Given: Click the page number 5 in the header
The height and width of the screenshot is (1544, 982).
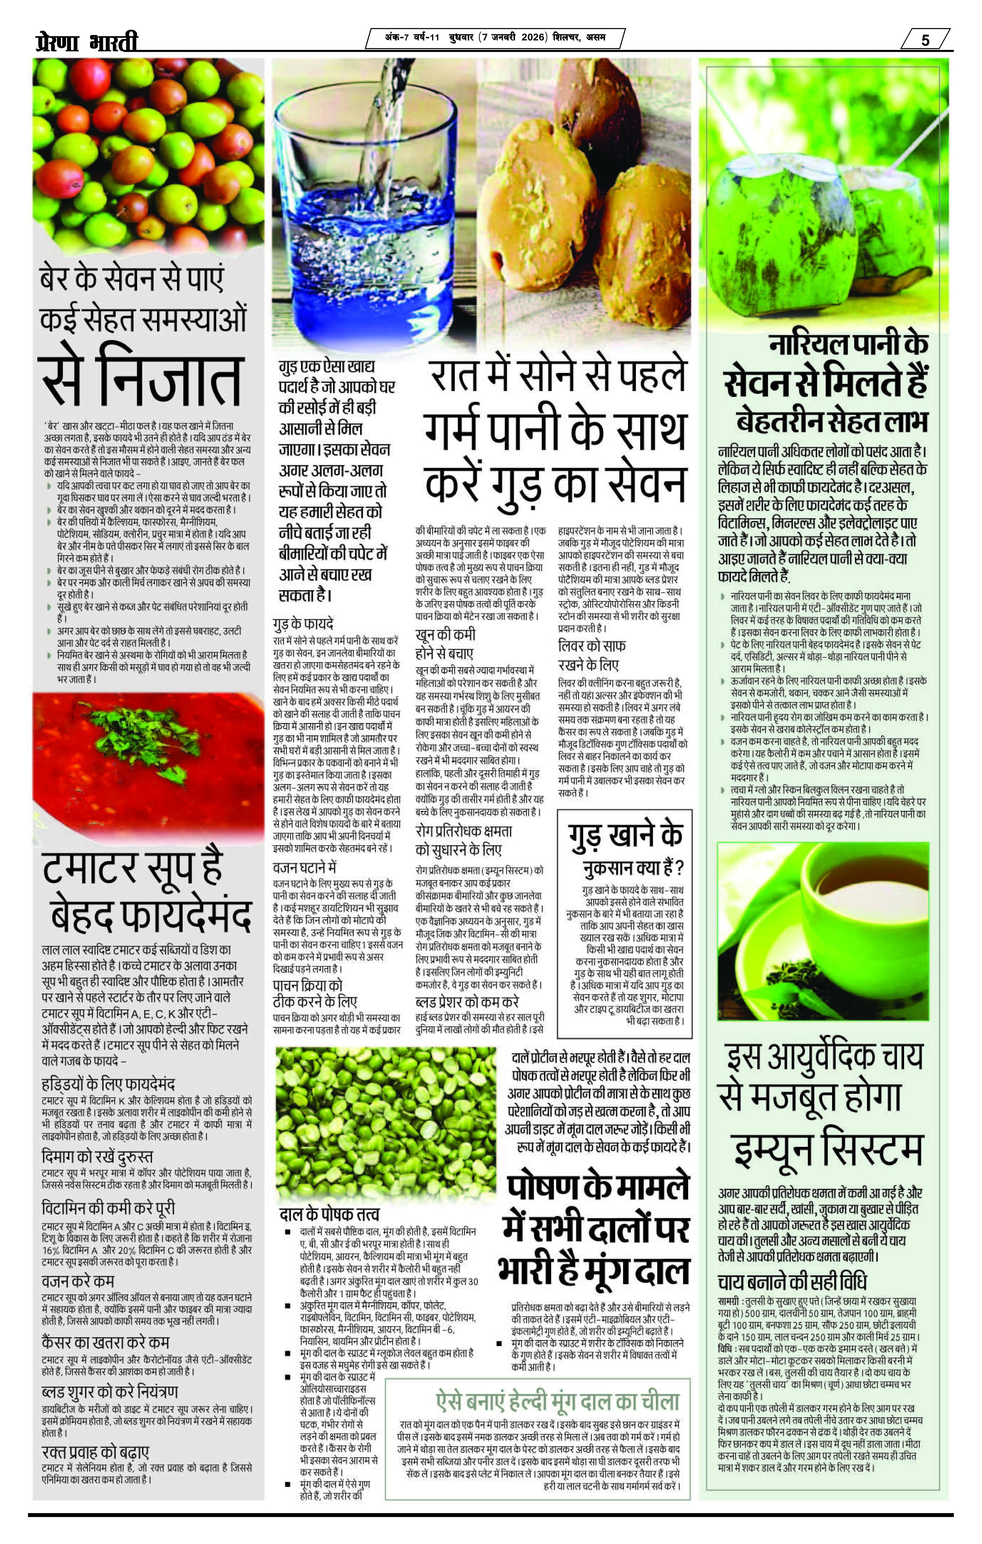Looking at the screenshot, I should pyautogui.click(x=925, y=40).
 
